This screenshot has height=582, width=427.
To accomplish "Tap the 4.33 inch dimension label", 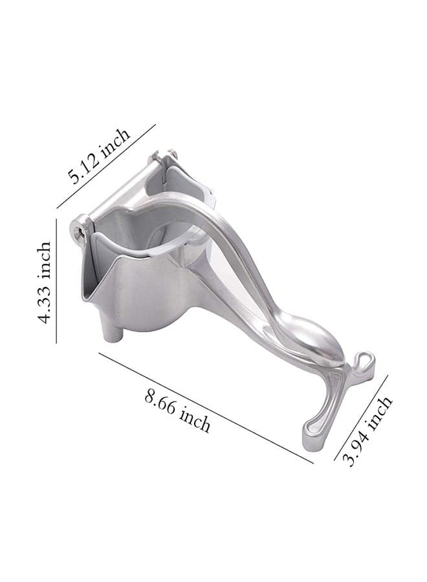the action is [44, 283].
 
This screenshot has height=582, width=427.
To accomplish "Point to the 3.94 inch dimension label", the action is [367, 431].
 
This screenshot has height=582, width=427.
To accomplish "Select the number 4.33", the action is [44, 305].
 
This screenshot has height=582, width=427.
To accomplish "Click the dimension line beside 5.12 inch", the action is [106, 166].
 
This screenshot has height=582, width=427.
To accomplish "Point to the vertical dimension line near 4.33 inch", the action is [56, 281].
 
